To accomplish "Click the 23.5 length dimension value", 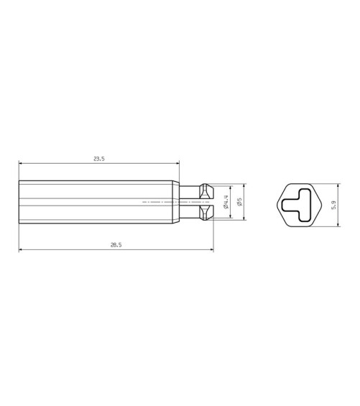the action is click(99, 159).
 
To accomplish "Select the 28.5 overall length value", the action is click(116, 245).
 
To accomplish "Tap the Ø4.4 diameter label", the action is click(225, 202).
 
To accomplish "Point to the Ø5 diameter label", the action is click(239, 202).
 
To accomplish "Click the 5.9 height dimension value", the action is click(334, 205).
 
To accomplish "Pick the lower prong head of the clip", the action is click(206, 213).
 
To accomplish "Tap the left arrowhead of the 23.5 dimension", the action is click(20, 163).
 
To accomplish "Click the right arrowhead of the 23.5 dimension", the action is click(177, 163).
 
